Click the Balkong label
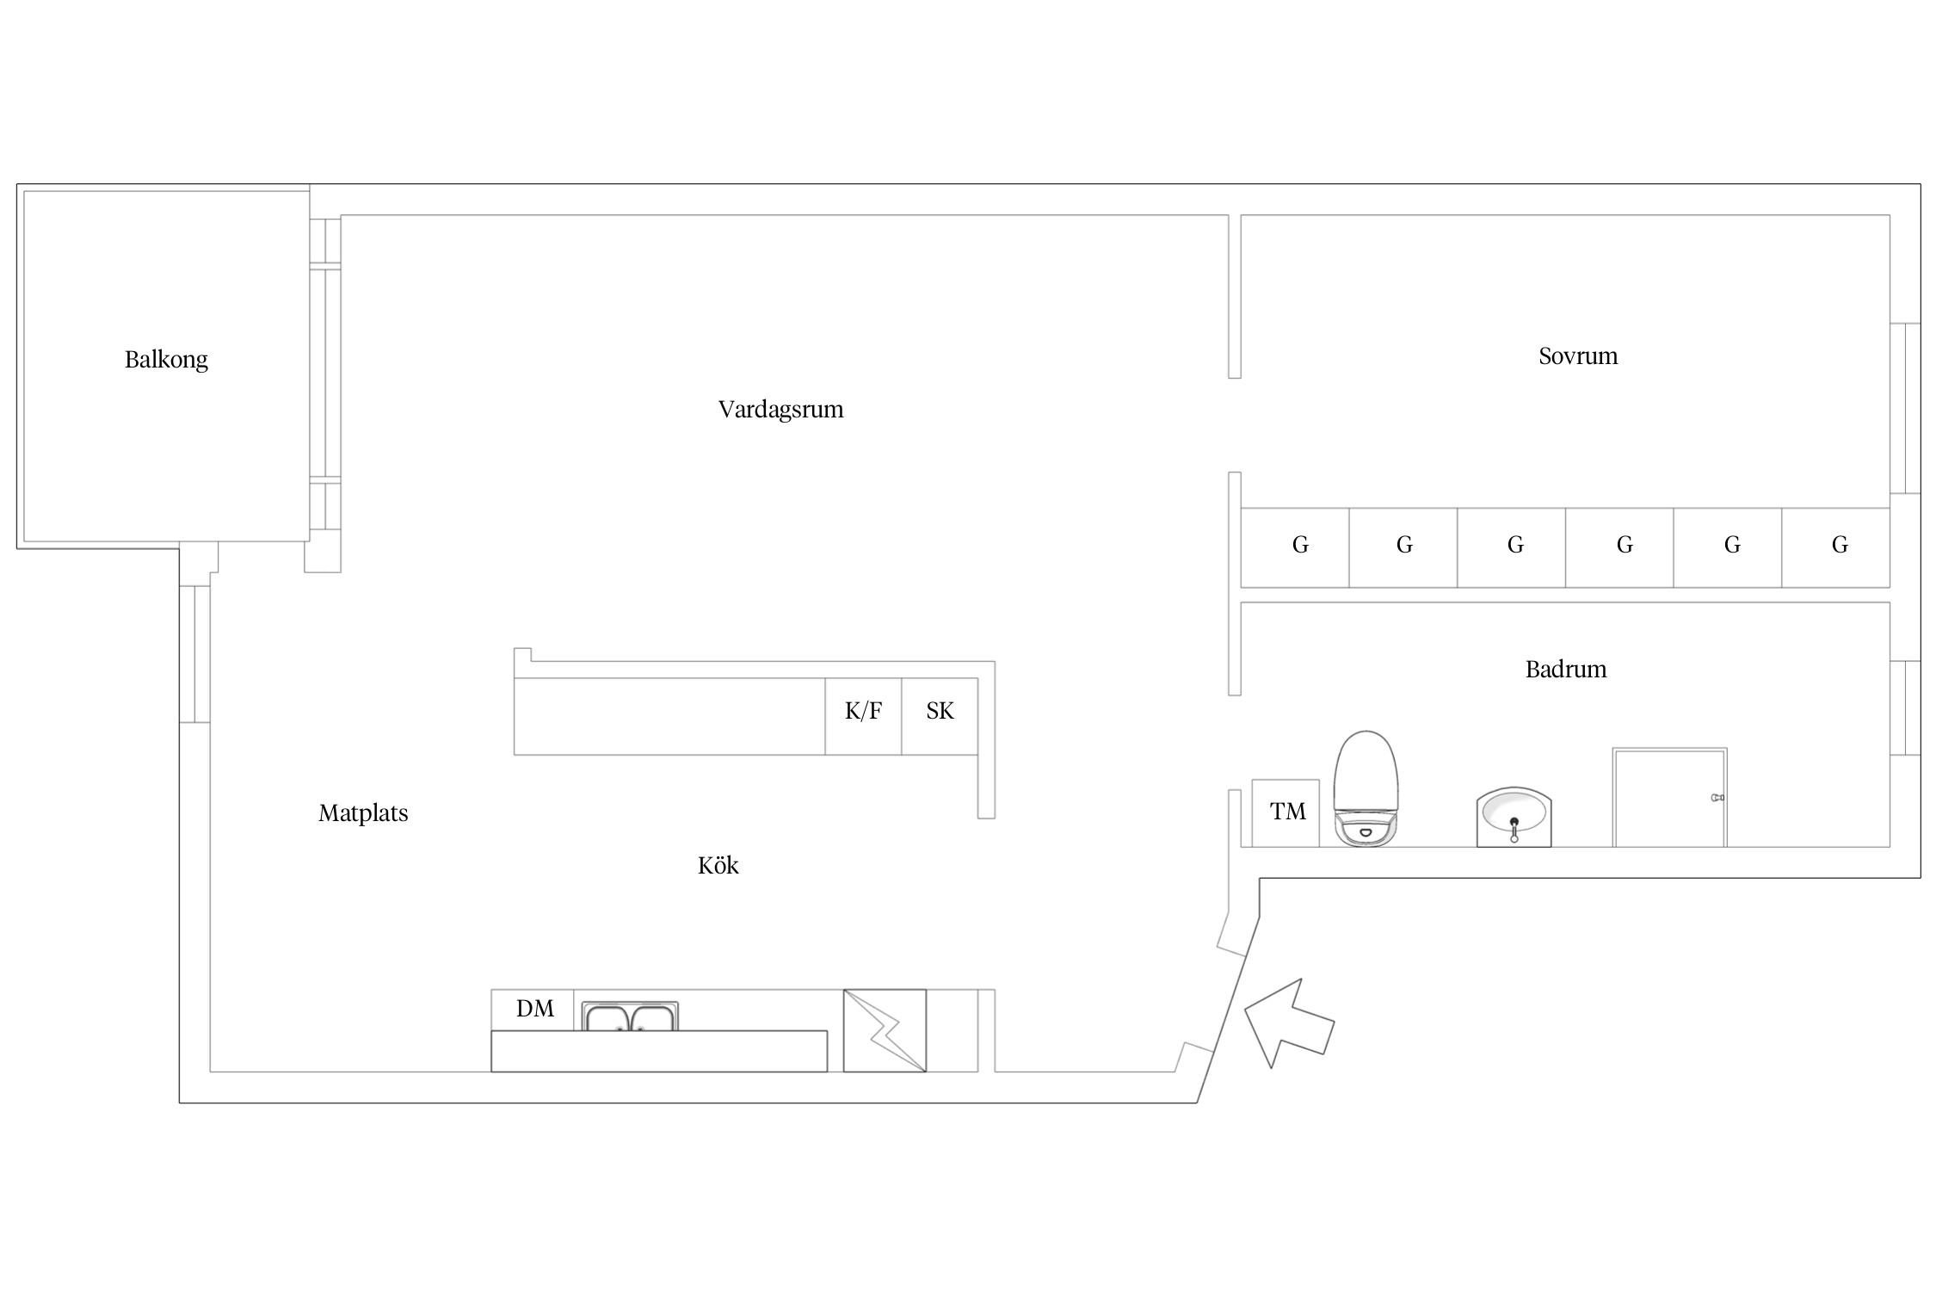(x=166, y=360)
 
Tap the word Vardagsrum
(x=780, y=409)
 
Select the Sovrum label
(x=1578, y=355)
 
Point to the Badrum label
(x=1566, y=669)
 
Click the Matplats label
(x=363, y=813)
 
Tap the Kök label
(x=718, y=865)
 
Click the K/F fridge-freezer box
(x=863, y=716)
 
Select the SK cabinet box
(x=940, y=716)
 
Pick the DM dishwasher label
(x=534, y=1009)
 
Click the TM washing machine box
(x=1286, y=813)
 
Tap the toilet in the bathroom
(x=1366, y=788)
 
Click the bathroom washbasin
(x=1514, y=817)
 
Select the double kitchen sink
(x=630, y=1016)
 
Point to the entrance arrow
(x=1288, y=1023)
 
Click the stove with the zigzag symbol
(x=885, y=1030)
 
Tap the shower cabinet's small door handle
(x=1717, y=798)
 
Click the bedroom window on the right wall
(x=1905, y=408)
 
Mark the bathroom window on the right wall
(x=1905, y=708)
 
